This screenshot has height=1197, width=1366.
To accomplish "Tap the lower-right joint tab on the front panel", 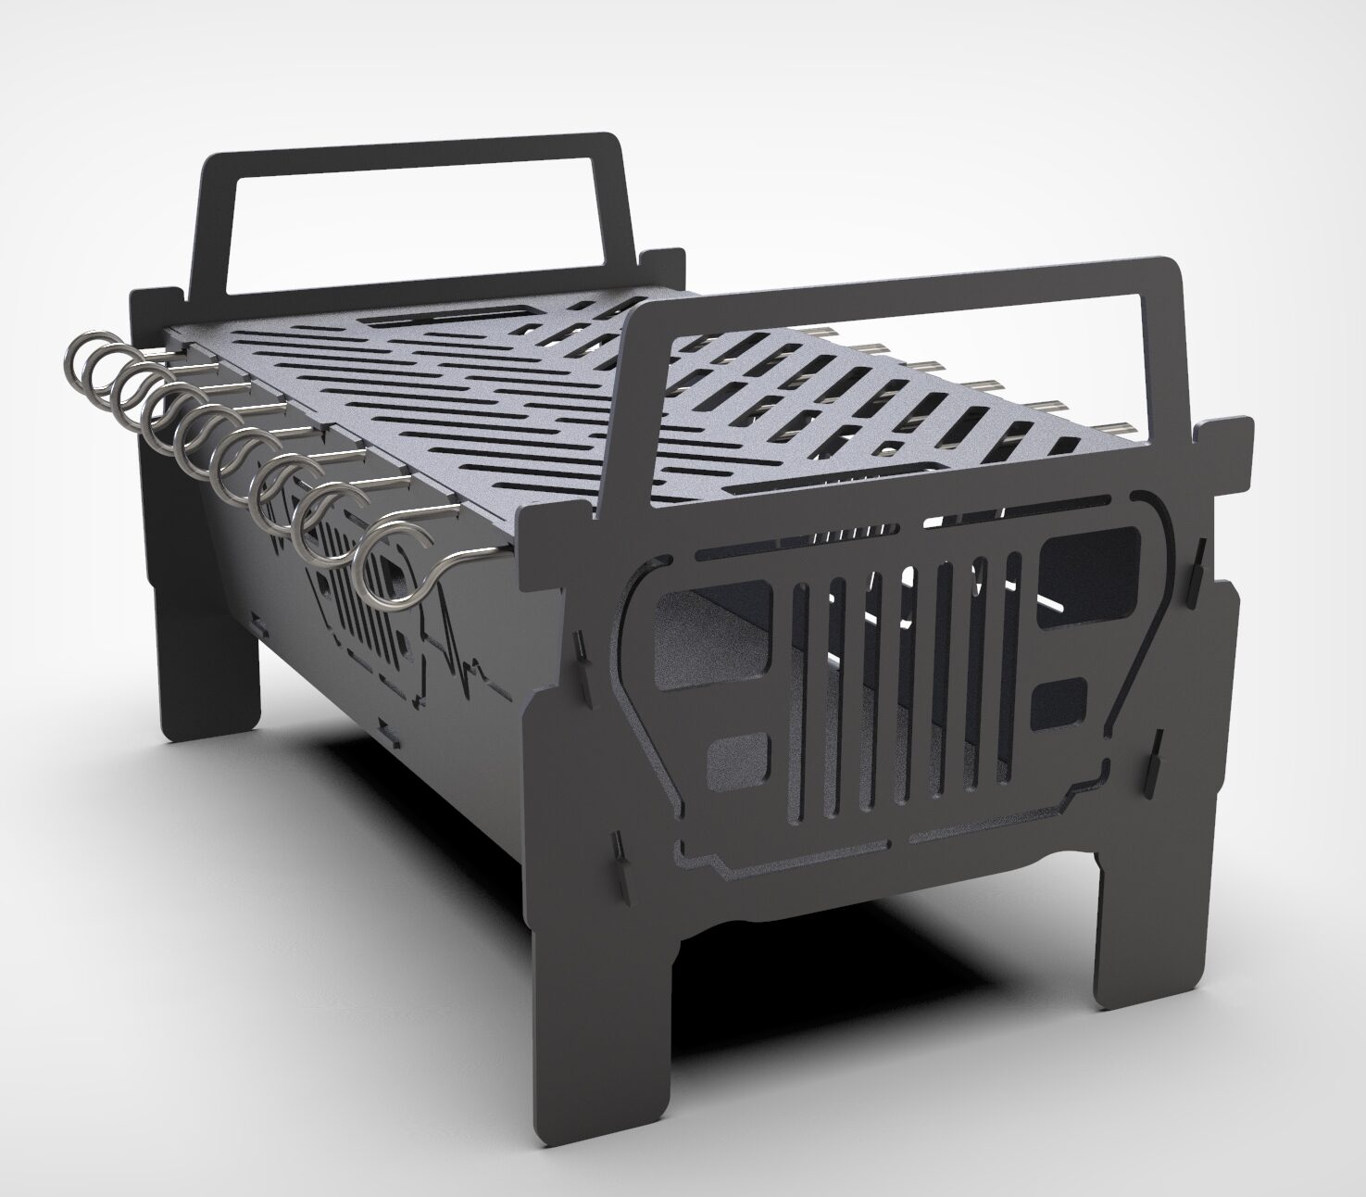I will click(1157, 758).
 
